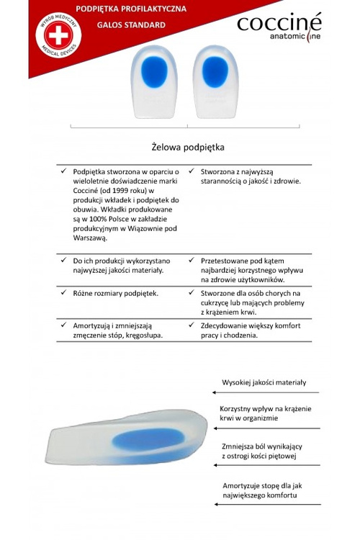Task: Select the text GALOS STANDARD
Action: pos(130,24)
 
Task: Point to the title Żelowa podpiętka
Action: pos(189,147)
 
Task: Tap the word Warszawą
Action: pos(90,238)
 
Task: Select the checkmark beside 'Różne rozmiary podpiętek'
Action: pos(63,293)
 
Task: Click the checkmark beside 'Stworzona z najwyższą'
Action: pos(191,171)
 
